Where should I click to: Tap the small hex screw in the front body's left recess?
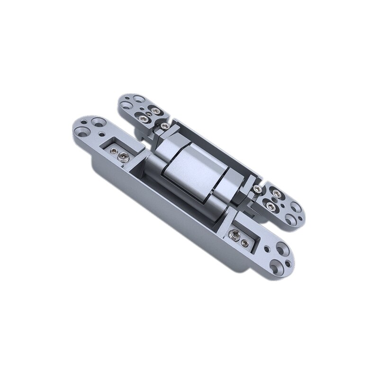[114, 151]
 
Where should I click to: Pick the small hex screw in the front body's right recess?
[244, 243]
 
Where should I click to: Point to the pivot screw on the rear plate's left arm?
[164, 126]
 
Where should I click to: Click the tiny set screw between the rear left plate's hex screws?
[149, 112]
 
